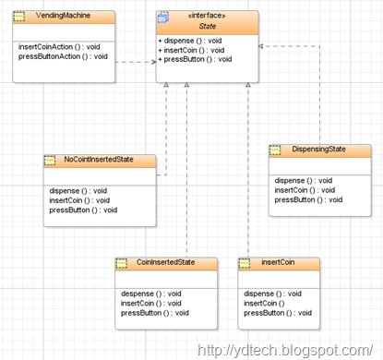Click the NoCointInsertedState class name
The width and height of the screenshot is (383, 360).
[x=99, y=160]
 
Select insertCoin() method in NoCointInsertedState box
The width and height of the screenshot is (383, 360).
[x=78, y=199]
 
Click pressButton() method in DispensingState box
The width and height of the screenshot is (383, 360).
[x=308, y=199]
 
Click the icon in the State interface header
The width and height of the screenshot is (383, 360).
[x=163, y=17]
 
